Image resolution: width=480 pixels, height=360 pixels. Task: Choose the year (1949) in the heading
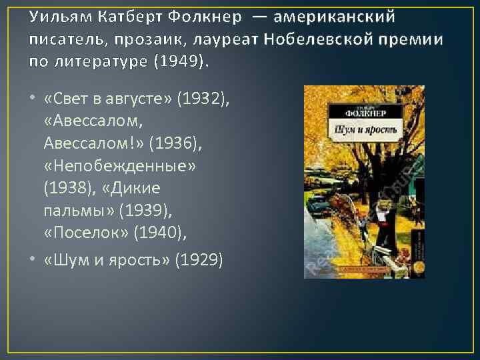[x=179, y=62]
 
